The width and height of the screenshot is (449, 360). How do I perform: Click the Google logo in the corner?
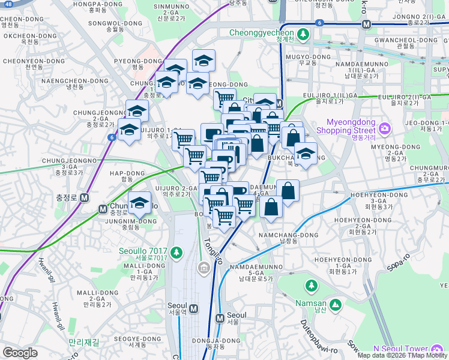20,353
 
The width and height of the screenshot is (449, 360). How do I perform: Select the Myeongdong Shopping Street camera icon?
384,128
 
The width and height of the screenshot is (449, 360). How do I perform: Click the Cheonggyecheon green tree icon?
303,34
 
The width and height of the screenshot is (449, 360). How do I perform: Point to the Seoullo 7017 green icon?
176,251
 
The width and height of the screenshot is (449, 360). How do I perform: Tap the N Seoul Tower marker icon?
437,349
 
